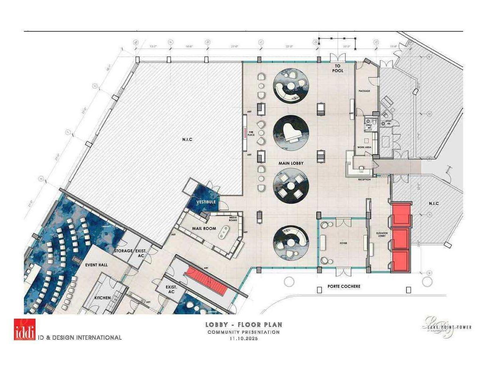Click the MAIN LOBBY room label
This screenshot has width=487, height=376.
291,163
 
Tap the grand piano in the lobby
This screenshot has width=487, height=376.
291,133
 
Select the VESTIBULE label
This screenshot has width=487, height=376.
206,202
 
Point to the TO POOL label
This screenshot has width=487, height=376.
338,68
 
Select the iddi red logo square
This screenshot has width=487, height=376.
24,329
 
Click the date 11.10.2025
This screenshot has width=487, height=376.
243,339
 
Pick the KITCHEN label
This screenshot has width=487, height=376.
102,298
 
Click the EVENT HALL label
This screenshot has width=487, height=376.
97,264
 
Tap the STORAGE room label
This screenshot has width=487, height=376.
123,251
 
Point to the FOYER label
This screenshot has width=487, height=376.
343,243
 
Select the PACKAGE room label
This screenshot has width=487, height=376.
364,91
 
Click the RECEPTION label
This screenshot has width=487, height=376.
364,180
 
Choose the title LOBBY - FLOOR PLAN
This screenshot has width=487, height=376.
243,325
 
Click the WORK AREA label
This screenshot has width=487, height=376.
364,147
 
